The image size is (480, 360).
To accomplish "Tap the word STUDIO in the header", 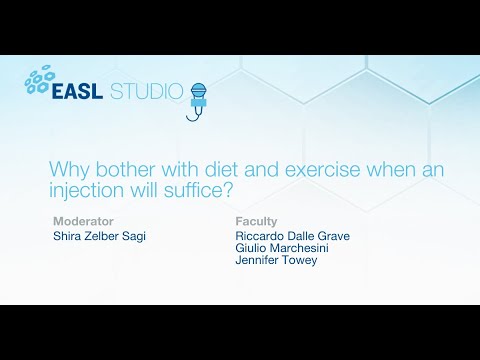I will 149,91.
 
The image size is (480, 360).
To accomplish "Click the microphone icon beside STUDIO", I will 198,98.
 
